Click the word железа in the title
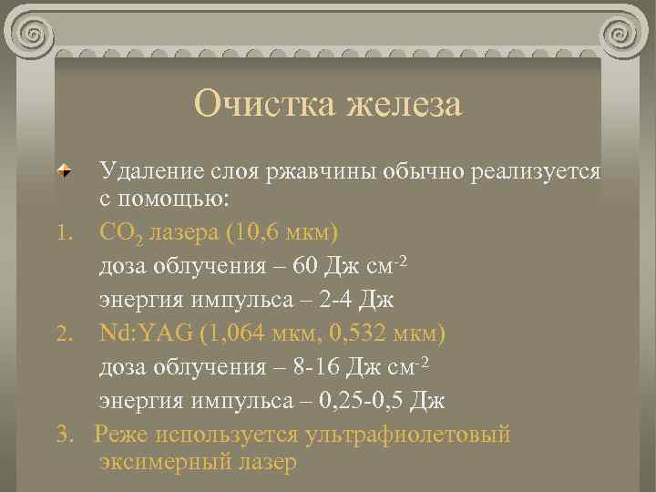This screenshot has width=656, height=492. pos(402,103)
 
